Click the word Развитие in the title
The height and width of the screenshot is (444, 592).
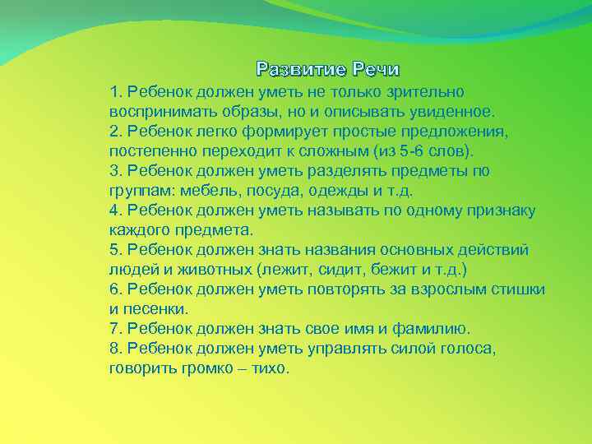point(300,67)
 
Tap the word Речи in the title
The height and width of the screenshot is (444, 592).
point(375,67)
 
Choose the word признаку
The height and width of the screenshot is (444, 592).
point(498,210)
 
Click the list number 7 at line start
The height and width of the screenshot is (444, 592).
point(113,329)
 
